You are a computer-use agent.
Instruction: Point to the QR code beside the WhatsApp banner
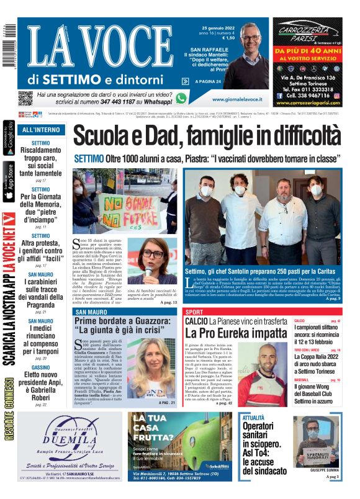coord(25,98)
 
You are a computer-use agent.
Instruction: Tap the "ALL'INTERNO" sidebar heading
coord(41,130)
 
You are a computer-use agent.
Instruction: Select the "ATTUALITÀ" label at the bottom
coord(253,418)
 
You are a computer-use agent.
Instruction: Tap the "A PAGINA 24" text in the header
coord(208,81)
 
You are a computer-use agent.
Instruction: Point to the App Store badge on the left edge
coord(9,182)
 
